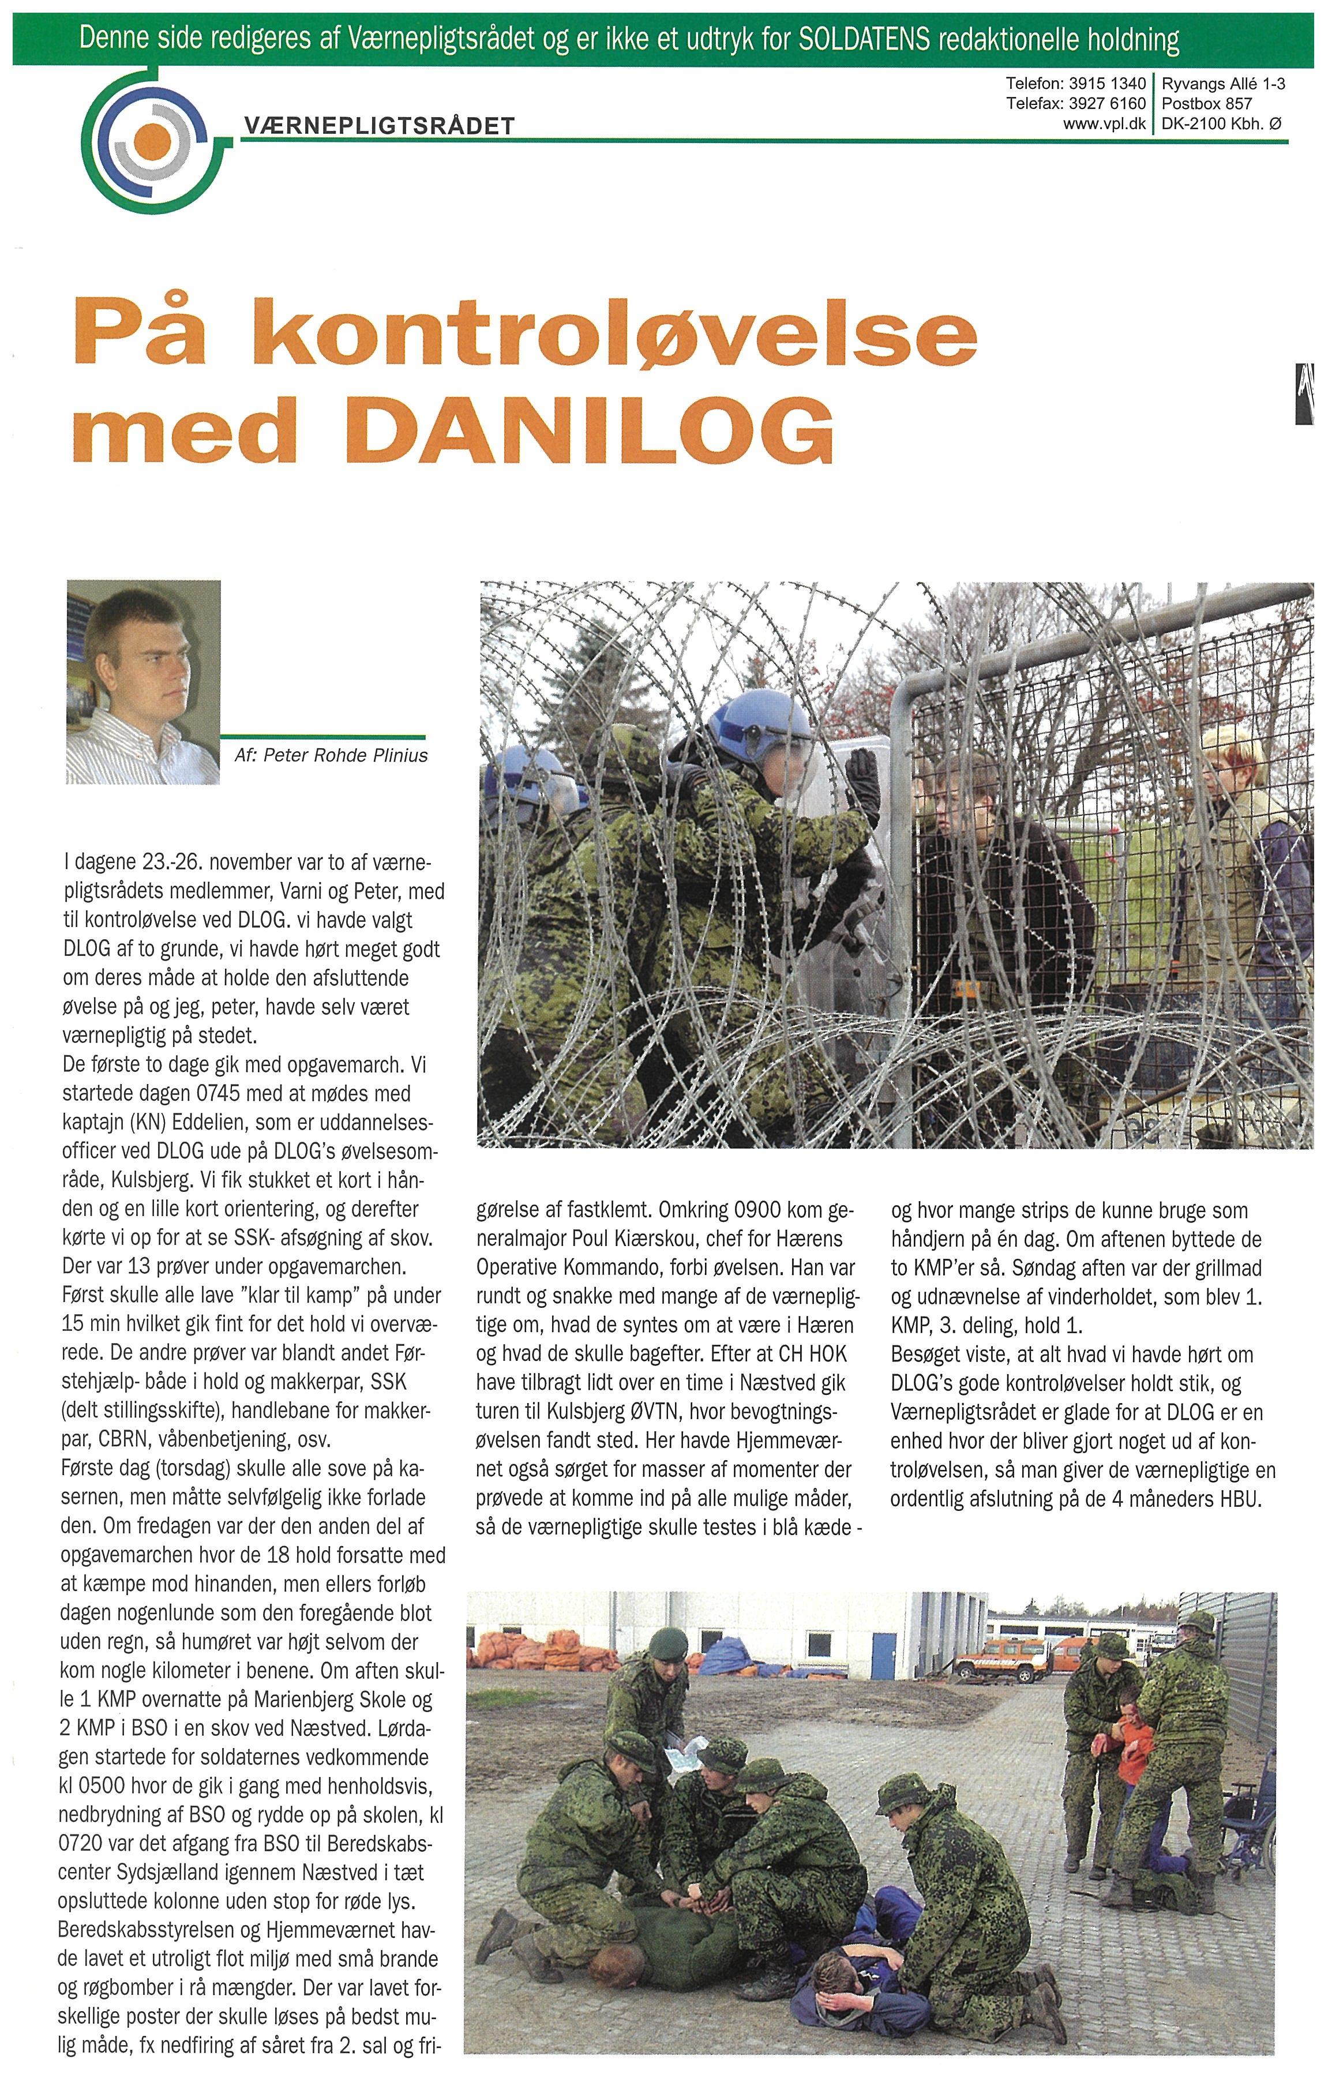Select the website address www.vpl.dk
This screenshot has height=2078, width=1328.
pyautogui.click(x=1105, y=123)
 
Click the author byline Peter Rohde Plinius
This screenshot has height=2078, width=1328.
pyautogui.click(x=345, y=756)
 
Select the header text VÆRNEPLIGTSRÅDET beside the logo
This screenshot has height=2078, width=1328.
pyautogui.click(x=380, y=126)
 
